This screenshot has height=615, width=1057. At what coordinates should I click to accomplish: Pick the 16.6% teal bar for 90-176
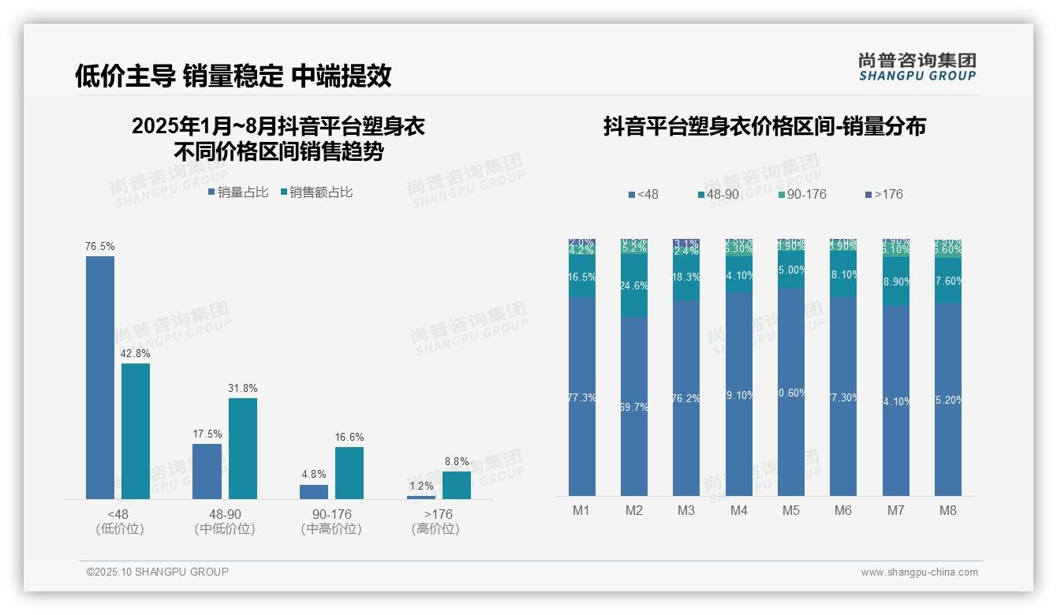[x=349, y=472]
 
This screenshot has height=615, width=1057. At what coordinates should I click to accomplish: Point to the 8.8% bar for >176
[x=456, y=485]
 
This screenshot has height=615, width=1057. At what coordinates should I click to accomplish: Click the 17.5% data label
[x=207, y=434]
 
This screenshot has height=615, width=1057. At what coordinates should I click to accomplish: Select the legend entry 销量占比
[x=237, y=192]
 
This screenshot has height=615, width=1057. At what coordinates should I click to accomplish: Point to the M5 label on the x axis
[x=791, y=510]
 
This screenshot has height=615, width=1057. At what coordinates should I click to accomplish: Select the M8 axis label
[x=948, y=510]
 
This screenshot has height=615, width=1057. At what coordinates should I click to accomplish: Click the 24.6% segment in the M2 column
[x=634, y=285]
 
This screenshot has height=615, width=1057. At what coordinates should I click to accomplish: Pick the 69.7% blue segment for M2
[x=634, y=406]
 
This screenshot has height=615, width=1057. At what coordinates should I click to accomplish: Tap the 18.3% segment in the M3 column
[x=686, y=278]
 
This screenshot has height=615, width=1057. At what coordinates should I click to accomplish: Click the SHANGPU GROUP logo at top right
[x=917, y=67]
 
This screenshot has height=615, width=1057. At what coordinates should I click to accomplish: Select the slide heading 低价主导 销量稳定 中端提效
[x=233, y=76]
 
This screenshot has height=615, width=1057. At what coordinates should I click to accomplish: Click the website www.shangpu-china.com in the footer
[x=919, y=572]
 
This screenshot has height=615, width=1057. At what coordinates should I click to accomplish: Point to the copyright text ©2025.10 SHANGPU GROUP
[x=158, y=572]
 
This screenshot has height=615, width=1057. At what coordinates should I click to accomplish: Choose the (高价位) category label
[x=435, y=529]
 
